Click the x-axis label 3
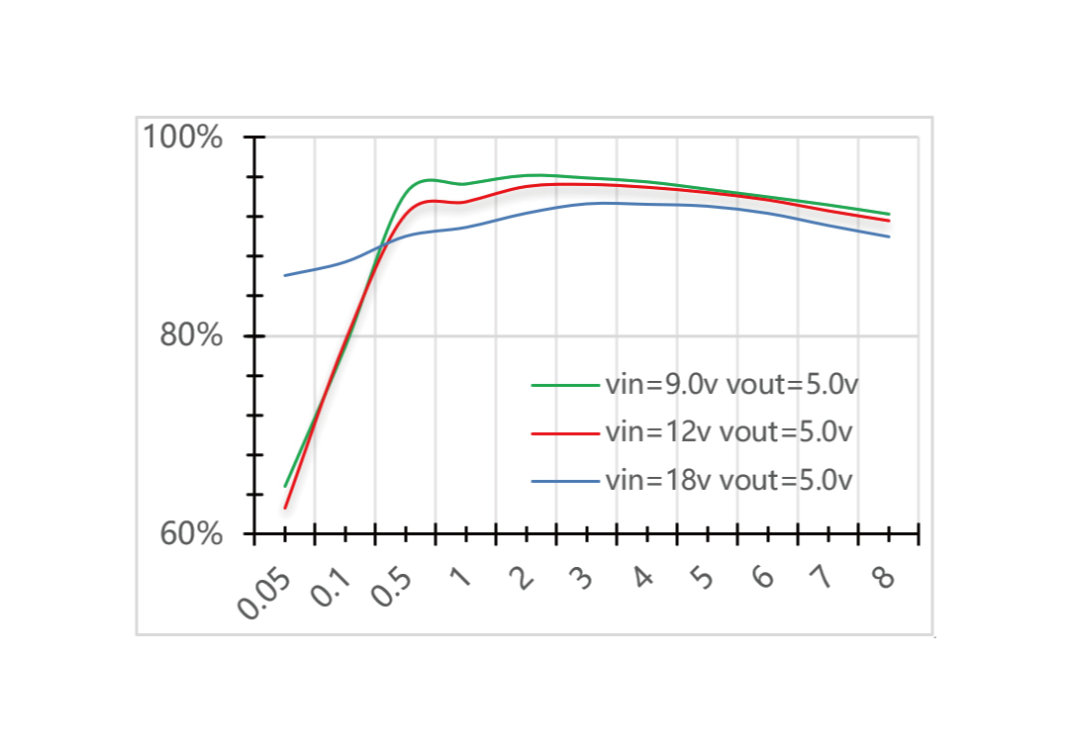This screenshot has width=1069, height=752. pyautogui.click(x=582, y=577)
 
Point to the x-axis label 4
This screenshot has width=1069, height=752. pyautogui.click(x=642, y=577)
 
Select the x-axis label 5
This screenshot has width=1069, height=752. pyautogui.click(x=703, y=577)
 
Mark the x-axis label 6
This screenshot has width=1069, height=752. pyautogui.click(x=763, y=577)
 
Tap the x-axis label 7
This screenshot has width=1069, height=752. pyautogui.click(x=824, y=577)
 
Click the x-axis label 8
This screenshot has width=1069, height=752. pyautogui.click(x=884, y=577)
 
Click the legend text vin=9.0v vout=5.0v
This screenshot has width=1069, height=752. pyautogui.click(x=730, y=384)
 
